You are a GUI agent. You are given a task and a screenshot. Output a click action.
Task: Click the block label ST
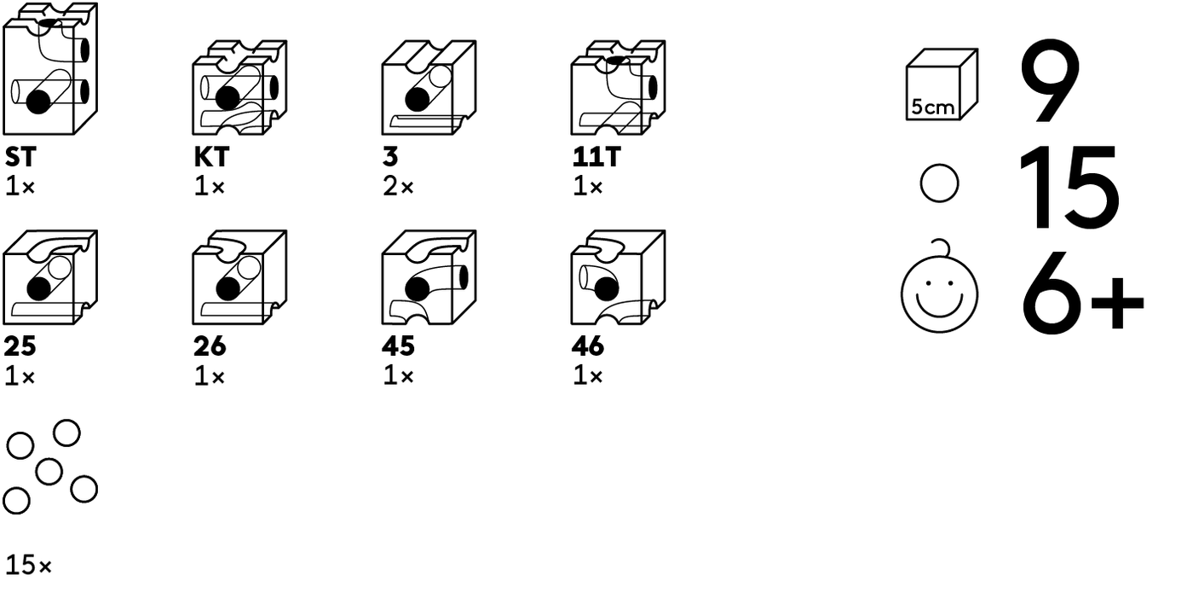pos(20,157)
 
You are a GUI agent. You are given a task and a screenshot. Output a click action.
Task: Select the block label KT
pos(211,157)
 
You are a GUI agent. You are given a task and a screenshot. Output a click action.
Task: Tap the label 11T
pos(596,157)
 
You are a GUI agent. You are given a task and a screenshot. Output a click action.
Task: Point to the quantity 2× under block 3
pos(398,187)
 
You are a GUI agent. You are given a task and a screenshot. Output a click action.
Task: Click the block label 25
pos(20,346)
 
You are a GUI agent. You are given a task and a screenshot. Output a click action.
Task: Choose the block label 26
pos(210,346)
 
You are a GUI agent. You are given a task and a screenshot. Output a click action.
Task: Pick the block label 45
pos(399,346)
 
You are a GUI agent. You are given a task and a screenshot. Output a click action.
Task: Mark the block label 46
pos(588,346)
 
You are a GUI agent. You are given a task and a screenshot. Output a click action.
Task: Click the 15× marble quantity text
pos(29,565)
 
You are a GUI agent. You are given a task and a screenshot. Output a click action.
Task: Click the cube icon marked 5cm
pos(942,84)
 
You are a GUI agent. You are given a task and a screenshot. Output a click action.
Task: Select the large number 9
pos(1050,80)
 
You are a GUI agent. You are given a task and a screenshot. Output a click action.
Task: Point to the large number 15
pos(1069,187)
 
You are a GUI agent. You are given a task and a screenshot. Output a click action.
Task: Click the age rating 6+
pos(1083,293)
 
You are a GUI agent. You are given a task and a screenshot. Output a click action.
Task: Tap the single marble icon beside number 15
pos(939,183)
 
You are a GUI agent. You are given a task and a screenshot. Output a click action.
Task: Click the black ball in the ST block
pos(38,102)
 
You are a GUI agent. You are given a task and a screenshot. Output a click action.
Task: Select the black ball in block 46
pos(606,289)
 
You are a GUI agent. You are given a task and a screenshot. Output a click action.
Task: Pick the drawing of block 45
pos(429,277)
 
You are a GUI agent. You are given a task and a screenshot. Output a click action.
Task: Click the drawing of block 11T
pos(618,87)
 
